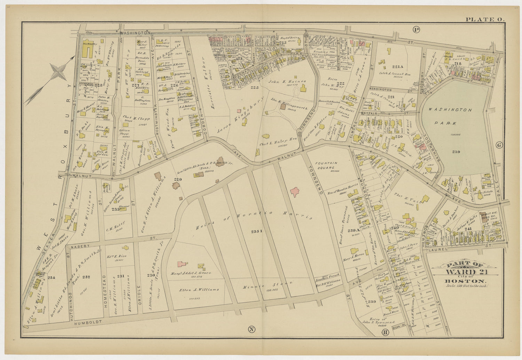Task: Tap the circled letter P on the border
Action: pyautogui.click(x=416, y=30)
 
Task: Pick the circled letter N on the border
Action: pyautogui.click(x=251, y=329)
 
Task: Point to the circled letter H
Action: pyautogui.click(x=385, y=332)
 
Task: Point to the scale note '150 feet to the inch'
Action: pyautogui.click(x=467, y=286)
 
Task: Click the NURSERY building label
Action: pyautogui.click(x=89, y=44)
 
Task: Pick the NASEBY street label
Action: pyautogui.click(x=80, y=246)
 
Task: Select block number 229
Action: pyautogui.click(x=178, y=179)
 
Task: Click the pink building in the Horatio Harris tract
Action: pyautogui.click(x=295, y=192)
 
